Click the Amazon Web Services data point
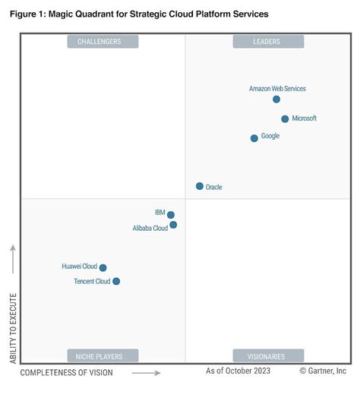point(276,99)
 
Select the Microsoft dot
point(285,119)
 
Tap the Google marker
point(254,138)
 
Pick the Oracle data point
point(200,186)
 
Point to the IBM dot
point(171,215)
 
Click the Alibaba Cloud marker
point(173,225)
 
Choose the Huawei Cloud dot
point(103,267)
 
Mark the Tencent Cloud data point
point(116,281)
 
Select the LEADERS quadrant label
point(267,42)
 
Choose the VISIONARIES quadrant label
point(267,355)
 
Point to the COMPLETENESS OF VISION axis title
point(66,372)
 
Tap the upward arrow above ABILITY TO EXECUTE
point(12,259)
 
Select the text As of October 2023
point(237,371)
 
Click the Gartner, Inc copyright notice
point(323,371)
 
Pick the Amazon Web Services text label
point(277,89)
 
